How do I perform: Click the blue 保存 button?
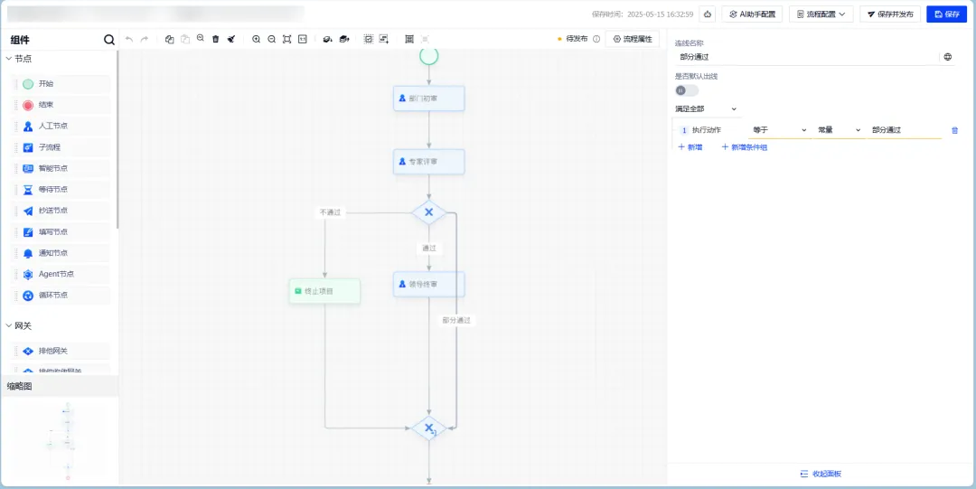(946, 14)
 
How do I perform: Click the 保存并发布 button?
(890, 14)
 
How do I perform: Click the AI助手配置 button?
(752, 14)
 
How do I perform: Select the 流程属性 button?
(633, 39)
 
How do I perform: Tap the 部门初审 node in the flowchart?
(429, 99)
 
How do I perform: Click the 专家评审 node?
(429, 162)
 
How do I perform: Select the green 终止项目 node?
(324, 291)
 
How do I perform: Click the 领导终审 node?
(429, 285)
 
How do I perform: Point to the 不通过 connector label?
(331, 212)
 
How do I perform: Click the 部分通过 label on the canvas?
(456, 320)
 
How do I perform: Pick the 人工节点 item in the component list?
(61, 126)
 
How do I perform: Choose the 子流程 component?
(61, 147)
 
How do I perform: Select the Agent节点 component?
(61, 274)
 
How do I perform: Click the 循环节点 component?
(61, 295)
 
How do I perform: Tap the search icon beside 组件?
(109, 40)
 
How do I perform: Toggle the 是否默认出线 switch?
(686, 90)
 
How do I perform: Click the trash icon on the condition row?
(954, 130)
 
